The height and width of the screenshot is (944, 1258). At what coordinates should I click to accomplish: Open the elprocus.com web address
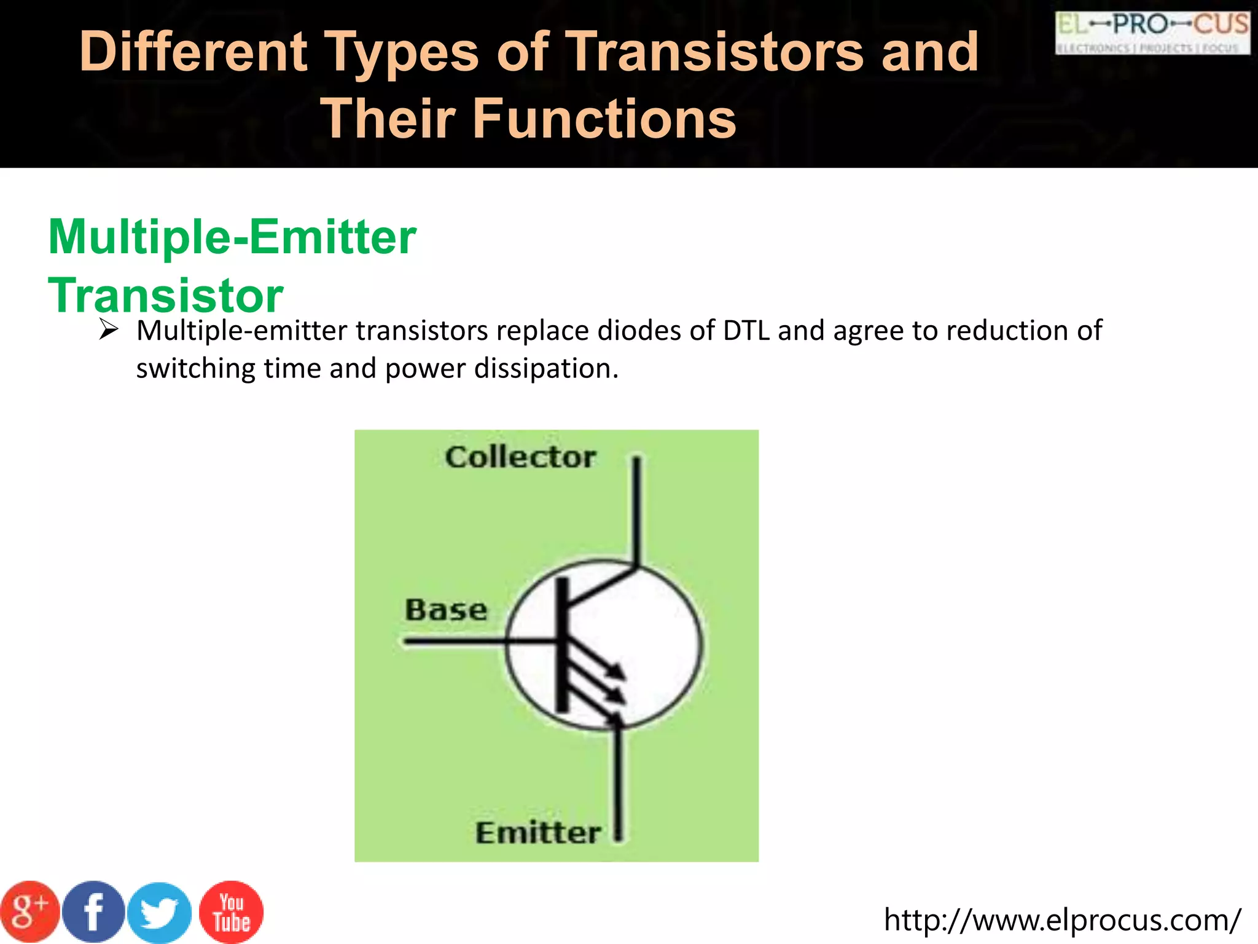(1062, 920)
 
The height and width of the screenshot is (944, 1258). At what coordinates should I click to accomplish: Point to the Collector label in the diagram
(520, 457)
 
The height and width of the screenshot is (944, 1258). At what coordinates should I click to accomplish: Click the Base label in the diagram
(446, 610)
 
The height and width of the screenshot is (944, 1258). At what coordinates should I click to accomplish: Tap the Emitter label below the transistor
(538, 833)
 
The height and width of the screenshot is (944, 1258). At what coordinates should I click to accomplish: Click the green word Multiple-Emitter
(232, 237)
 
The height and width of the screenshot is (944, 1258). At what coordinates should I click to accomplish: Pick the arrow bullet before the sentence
(108, 331)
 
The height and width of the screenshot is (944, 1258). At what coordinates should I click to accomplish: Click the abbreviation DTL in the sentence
(746, 331)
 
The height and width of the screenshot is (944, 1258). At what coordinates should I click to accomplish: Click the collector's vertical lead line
(638, 510)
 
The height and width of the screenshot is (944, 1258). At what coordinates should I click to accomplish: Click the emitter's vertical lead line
(619, 781)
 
